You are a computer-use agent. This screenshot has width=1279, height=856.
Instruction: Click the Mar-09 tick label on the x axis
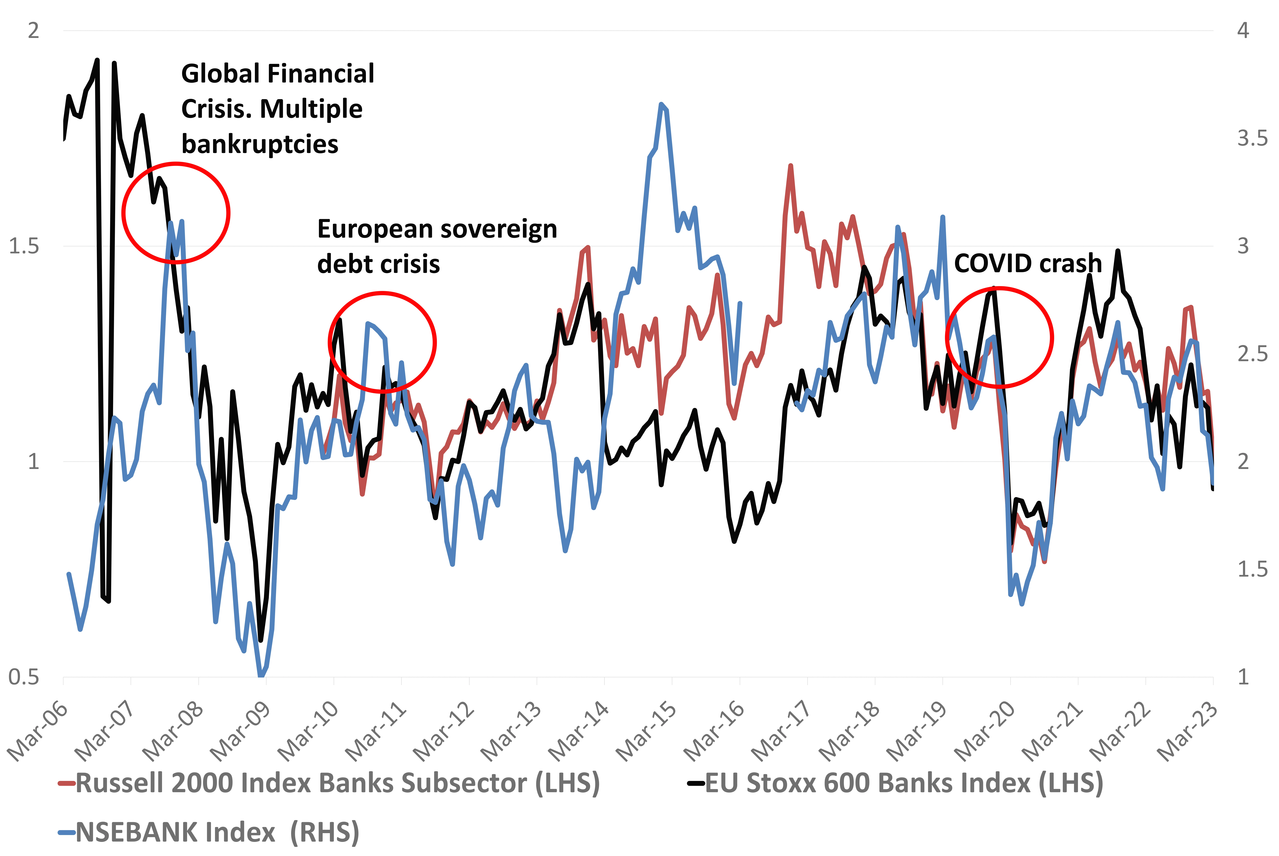click(240, 732)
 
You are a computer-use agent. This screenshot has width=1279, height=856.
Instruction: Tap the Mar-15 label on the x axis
click(646, 732)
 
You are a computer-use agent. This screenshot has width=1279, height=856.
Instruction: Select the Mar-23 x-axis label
click(1187, 732)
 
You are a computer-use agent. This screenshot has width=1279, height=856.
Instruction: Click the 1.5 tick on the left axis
click(24, 246)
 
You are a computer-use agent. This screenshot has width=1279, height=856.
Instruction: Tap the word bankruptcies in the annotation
click(260, 144)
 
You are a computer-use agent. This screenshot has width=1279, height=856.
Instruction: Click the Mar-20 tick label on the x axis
click(984, 732)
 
